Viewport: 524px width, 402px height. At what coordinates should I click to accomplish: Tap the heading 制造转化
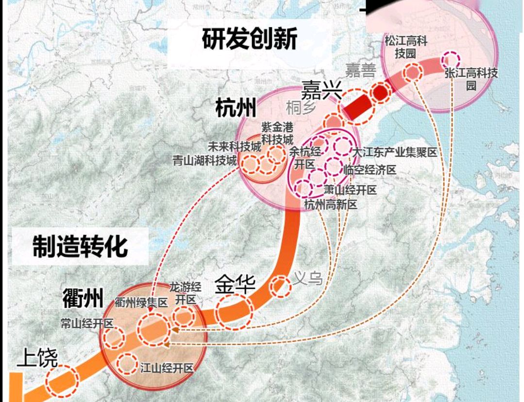[81, 246]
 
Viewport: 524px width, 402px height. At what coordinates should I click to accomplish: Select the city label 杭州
[236, 108]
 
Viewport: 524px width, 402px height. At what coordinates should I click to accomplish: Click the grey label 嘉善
[360, 71]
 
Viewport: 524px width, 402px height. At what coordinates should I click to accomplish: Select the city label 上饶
[37, 359]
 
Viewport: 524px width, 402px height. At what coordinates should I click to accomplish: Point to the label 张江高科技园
[471, 79]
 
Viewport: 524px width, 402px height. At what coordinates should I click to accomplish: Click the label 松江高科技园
[406, 47]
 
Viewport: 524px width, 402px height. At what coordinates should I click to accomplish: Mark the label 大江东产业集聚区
[395, 152]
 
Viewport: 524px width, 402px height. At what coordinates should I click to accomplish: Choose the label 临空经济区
[370, 170]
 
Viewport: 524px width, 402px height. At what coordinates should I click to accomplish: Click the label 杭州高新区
[330, 205]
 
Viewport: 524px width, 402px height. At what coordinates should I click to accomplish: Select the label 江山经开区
[167, 368]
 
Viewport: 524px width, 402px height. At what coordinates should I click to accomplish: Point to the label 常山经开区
[87, 323]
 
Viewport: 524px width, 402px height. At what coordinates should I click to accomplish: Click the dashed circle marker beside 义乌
[280, 287]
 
